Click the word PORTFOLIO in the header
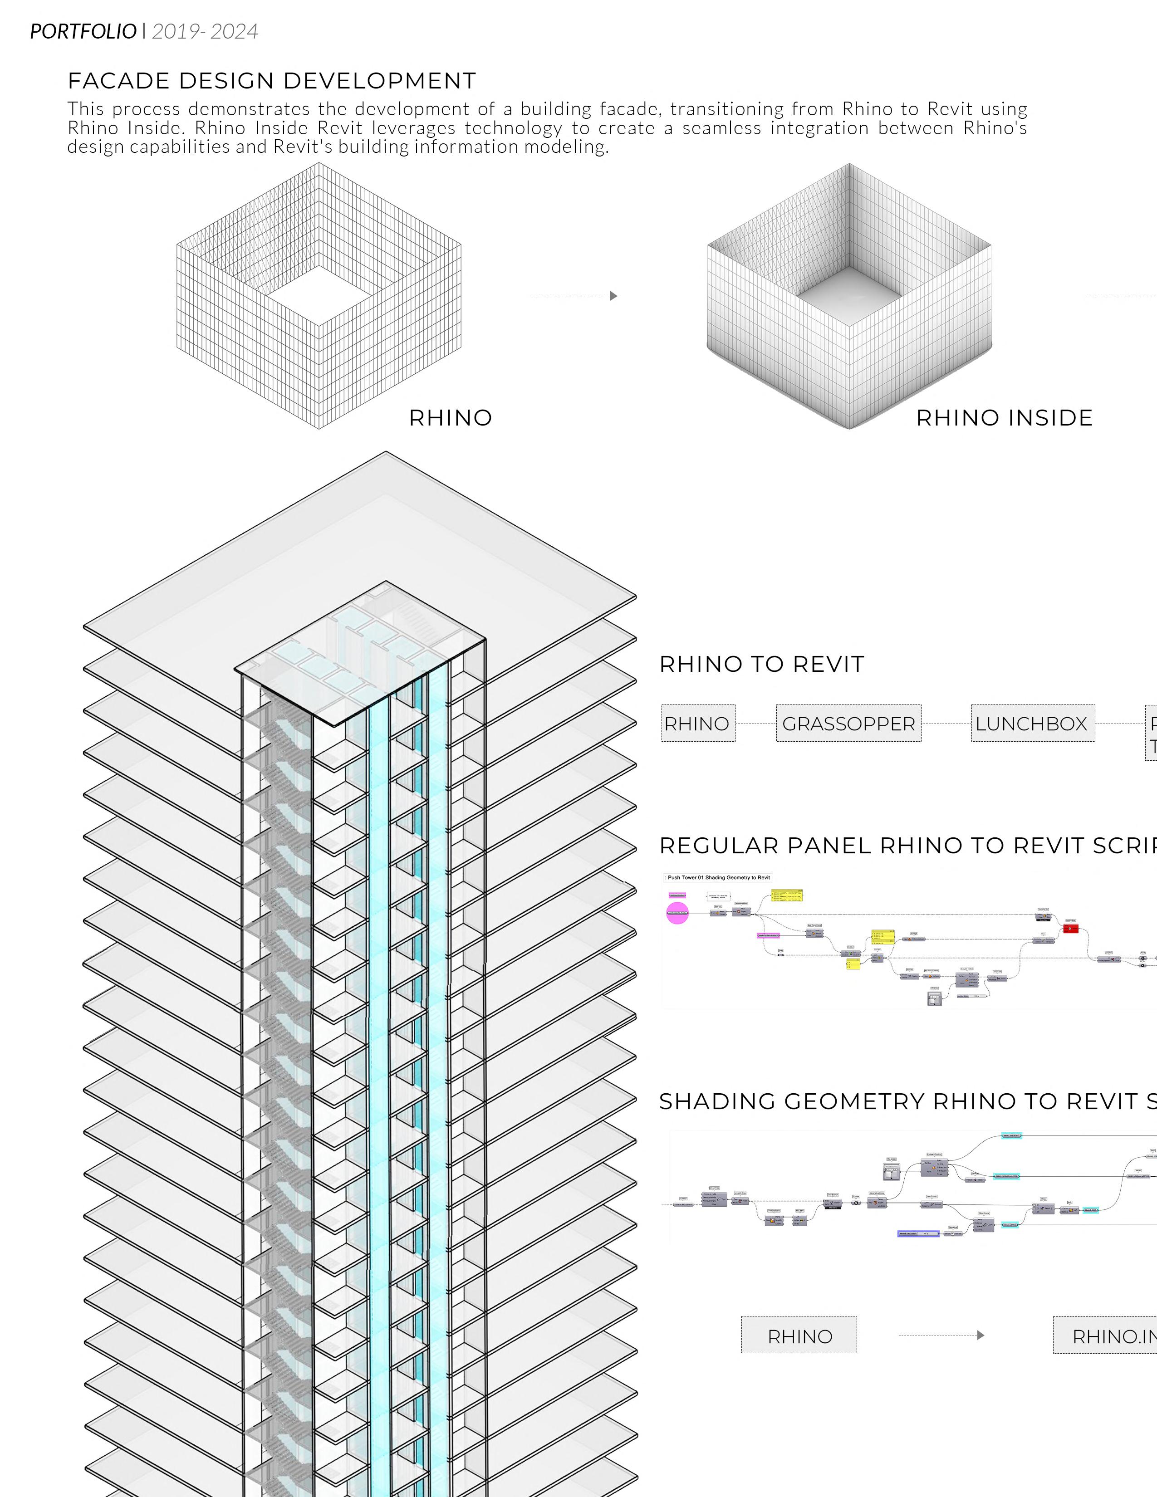83,32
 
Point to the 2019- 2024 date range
205,32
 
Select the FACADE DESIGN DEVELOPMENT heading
271,81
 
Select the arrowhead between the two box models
613,296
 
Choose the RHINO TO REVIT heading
761,664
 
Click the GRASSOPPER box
848,723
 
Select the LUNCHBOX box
1032,723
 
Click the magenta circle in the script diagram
677,913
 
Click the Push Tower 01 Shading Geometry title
718,877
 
